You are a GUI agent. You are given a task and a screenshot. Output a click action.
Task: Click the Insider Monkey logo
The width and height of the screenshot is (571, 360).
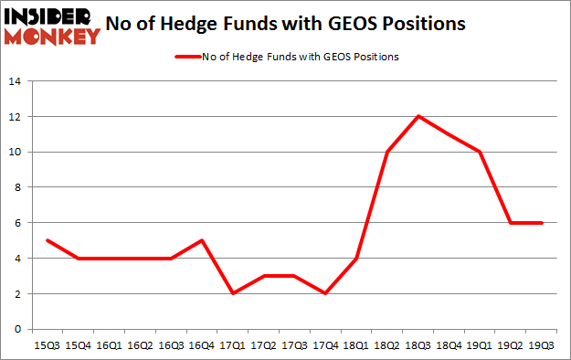coord(51,26)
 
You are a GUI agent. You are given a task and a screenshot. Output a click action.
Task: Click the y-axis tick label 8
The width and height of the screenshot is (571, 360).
coord(16,187)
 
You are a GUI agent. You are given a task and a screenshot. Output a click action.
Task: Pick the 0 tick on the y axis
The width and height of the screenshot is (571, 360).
coord(16,329)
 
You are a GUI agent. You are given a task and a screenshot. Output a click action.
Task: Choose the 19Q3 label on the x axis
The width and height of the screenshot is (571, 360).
coord(543,346)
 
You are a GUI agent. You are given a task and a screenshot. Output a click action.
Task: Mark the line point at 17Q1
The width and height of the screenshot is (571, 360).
coord(233,293)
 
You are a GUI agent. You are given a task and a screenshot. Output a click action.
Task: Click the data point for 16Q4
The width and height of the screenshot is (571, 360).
coord(202,240)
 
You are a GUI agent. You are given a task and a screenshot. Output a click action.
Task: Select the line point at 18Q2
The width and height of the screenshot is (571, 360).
coord(388,152)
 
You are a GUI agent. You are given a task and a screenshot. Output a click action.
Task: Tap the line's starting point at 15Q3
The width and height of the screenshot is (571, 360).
coord(47,240)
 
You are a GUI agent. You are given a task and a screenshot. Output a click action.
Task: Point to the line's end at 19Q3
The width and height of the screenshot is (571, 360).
coord(543,223)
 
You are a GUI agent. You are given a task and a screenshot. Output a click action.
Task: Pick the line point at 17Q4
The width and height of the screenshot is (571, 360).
coord(326,293)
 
